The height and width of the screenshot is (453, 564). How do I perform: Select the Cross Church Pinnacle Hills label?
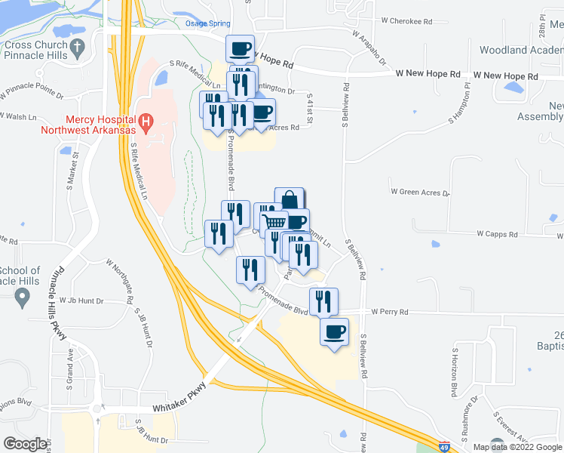(37, 50)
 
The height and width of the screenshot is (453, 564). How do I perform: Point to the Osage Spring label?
(207, 24)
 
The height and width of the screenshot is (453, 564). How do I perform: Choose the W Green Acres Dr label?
(419, 193)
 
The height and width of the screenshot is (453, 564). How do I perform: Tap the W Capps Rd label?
(497, 234)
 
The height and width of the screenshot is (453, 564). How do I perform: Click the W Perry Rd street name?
(389, 311)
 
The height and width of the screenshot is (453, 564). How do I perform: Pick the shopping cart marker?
(274, 222)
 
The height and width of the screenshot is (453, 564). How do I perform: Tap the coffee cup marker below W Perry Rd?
(335, 331)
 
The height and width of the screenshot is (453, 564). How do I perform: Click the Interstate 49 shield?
(446, 446)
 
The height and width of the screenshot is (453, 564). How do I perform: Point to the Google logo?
(25, 443)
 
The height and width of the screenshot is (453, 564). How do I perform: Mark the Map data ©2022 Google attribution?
(516, 447)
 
